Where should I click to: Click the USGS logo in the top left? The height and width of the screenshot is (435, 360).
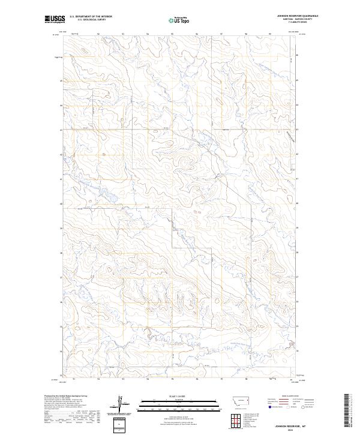click(x=55, y=19)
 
